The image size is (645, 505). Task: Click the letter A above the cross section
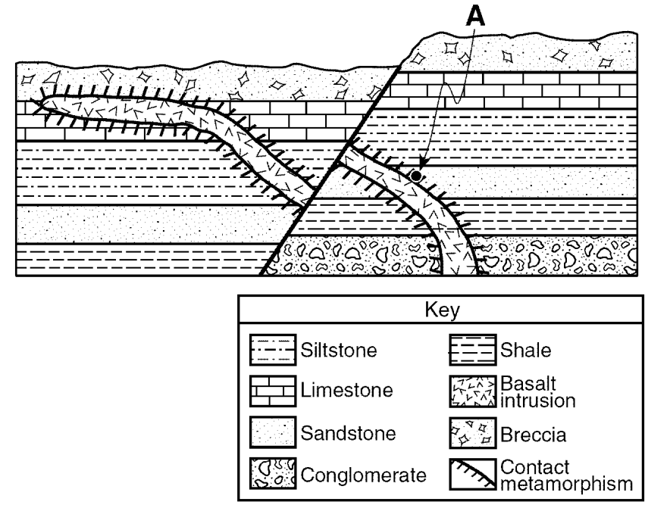(476, 17)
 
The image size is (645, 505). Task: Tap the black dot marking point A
(416, 176)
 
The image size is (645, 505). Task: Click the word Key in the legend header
(442, 310)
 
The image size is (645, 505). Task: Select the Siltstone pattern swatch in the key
(273, 350)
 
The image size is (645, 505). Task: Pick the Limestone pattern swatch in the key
(273, 391)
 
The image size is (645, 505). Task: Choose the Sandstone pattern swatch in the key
(273, 432)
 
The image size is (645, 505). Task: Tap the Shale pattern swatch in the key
(473, 350)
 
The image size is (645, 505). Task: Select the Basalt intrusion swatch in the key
(473, 391)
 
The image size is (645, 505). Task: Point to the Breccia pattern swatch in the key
(473, 432)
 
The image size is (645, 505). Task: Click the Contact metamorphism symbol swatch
(473, 474)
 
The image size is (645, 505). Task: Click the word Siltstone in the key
(339, 350)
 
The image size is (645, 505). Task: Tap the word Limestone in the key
(346, 390)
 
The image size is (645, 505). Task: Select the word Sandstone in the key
(348, 433)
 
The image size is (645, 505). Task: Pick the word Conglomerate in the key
(363, 475)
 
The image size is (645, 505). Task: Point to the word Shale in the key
(525, 350)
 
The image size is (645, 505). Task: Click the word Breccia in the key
(533, 435)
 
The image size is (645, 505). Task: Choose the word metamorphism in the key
(566, 484)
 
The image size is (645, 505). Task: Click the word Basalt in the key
(528, 383)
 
